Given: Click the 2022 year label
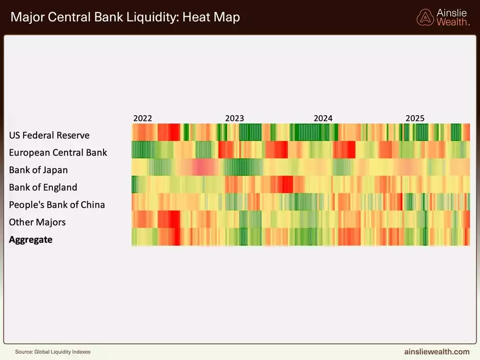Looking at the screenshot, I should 143,118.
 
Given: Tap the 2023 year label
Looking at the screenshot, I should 234,118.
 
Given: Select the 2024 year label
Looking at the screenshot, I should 323,118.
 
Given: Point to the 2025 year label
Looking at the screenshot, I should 415,118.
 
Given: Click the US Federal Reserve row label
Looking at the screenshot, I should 49,135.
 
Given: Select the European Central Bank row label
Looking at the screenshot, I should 58,153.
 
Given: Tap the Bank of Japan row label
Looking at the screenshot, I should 38,170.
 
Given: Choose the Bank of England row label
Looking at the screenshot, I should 43,187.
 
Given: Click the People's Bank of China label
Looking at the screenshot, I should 57,204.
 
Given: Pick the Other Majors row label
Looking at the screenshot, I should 37,222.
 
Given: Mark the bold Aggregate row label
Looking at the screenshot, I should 31,239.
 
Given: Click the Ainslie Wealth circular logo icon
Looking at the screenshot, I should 425,17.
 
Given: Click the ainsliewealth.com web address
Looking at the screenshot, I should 436,351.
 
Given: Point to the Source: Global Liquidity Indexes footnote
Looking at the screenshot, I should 53,352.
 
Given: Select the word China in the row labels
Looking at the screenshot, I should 93,204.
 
